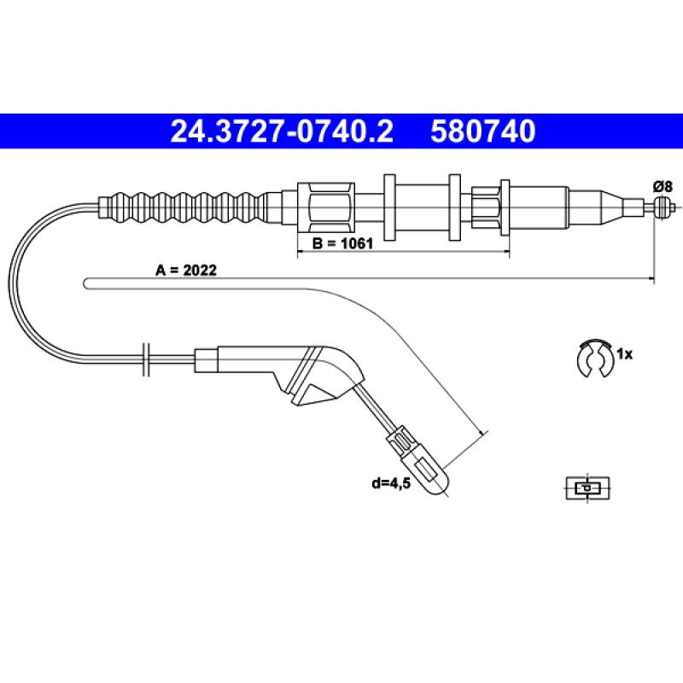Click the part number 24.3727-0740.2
pos(282,131)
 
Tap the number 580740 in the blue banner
pos(483,131)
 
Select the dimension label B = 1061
pos(343,243)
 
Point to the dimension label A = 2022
pos(186,271)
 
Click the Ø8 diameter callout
pos(663,186)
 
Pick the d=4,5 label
pos(391,483)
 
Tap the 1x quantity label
pos(624,354)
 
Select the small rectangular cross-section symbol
pos(587,487)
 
